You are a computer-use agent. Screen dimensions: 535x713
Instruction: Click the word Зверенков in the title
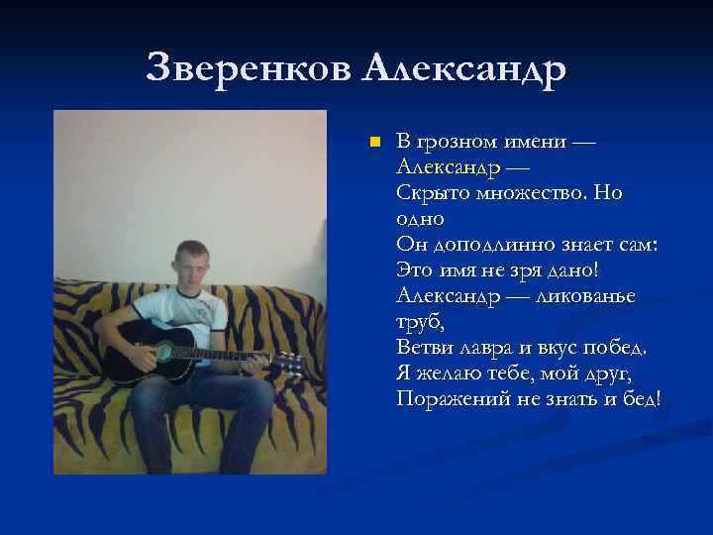[249, 68]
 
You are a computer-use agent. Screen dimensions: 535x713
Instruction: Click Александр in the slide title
[464, 68]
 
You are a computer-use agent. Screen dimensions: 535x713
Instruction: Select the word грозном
[456, 142]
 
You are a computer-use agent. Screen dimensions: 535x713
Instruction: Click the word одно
[420, 218]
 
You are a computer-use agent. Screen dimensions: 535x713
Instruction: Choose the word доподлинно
[478, 244]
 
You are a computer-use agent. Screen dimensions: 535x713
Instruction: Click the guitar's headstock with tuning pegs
[288, 364]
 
